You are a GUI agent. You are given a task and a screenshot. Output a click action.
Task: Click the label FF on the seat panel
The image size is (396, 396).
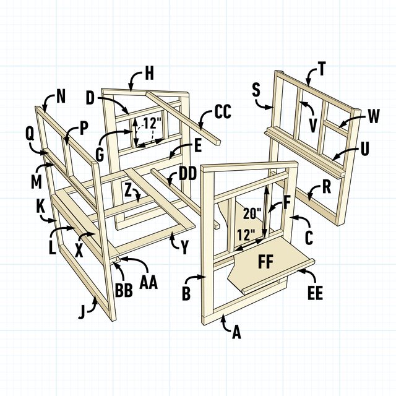click(x=267, y=262)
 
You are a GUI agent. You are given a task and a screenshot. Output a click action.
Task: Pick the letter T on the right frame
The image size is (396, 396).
click(x=322, y=69)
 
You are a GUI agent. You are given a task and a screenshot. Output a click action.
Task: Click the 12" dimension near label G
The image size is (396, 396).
click(x=152, y=122)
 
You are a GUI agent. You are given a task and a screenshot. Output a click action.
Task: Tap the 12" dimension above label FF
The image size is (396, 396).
click(x=246, y=235)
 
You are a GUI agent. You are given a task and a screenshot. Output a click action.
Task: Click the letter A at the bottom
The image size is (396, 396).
click(x=236, y=333)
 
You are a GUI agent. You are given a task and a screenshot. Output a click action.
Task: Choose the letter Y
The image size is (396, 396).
click(x=184, y=246)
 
